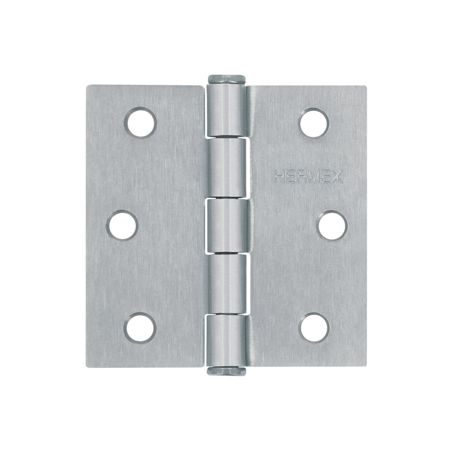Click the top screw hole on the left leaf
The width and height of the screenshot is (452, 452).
click(x=140, y=123)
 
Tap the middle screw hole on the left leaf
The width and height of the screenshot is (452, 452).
click(x=123, y=225)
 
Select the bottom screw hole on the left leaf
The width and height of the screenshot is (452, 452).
click(x=140, y=327)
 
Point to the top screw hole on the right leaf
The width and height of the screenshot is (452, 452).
click(x=314, y=123)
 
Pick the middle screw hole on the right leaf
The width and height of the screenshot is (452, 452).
click(x=332, y=225)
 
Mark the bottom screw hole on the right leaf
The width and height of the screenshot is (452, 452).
click(x=314, y=327)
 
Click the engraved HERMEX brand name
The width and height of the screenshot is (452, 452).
click(x=309, y=177)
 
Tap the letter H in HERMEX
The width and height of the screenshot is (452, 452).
click(x=279, y=177)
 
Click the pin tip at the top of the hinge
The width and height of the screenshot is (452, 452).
click(x=226, y=80)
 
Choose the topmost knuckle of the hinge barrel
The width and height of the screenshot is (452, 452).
click(x=227, y=110)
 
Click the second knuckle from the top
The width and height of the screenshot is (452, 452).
click(x=227, y=169)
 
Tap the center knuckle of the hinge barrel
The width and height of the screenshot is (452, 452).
click(x=227, y=225)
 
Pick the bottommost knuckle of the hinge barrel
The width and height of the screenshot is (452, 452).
click(x=227, y=340)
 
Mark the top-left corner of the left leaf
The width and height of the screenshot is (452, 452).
click(x=87, y=86)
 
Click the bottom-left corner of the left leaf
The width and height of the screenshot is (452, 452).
click(x=87, y=365)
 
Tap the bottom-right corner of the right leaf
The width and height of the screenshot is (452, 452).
click(x=365, y=365)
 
